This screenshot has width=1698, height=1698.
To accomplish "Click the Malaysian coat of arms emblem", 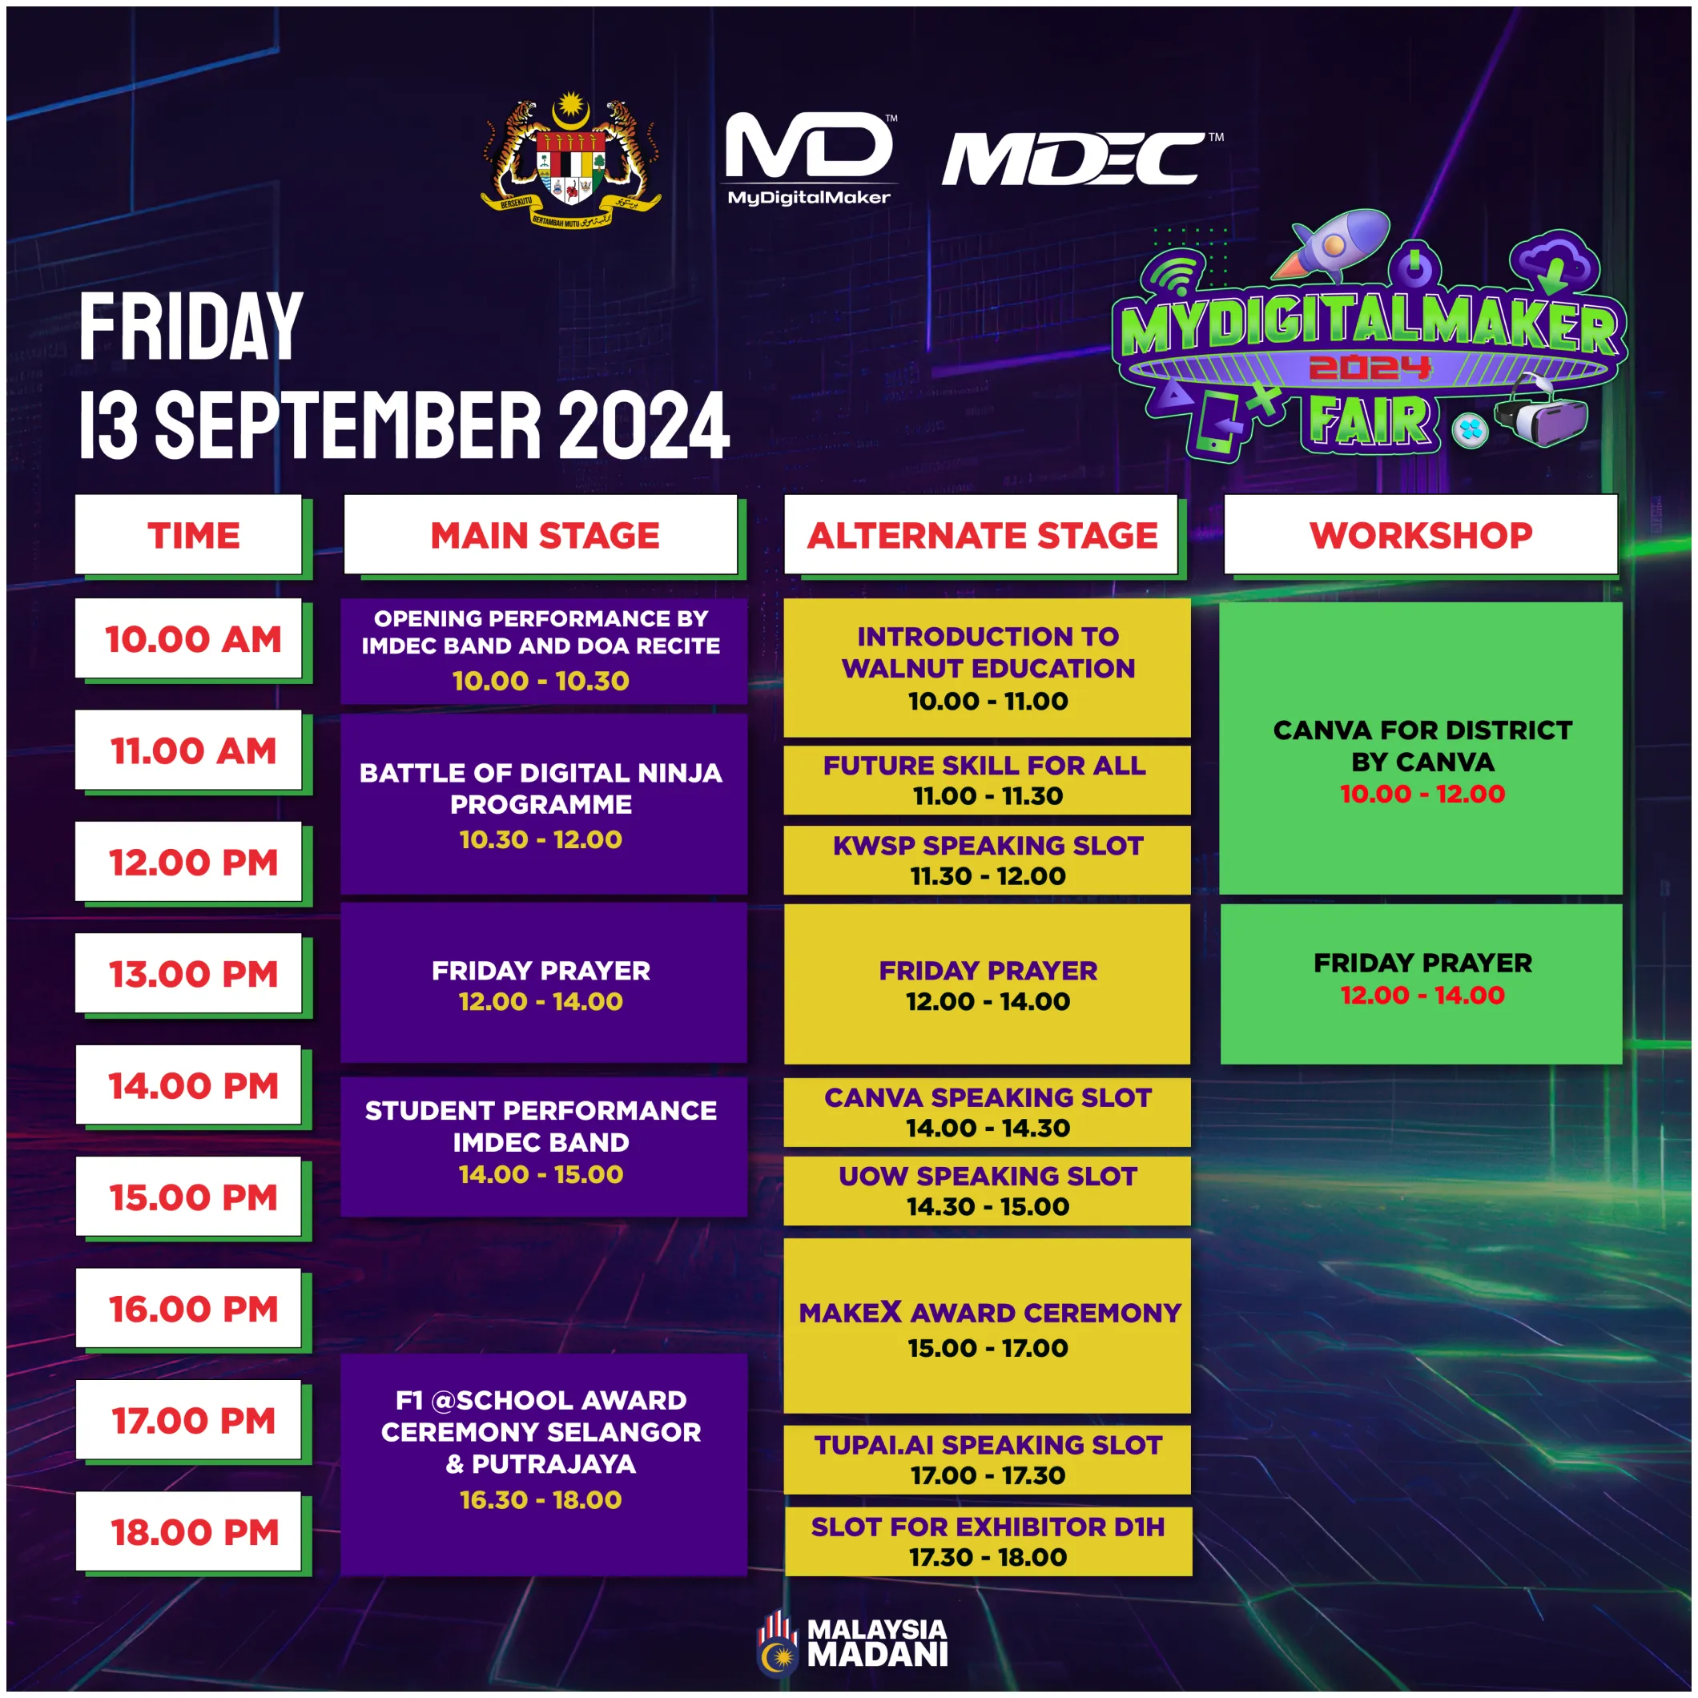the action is coord(571,160).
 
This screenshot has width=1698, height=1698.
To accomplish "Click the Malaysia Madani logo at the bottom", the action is coord(851,1642).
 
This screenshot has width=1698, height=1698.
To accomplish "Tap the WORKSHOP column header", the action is coord(1420,534).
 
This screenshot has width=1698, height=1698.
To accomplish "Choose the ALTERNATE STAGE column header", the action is coord(981,534).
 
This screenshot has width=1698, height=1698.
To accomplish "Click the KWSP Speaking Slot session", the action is coord(987,859).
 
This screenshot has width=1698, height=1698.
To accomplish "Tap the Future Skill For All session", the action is coord(987,780).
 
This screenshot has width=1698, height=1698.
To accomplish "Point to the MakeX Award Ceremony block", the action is coord(987,1326).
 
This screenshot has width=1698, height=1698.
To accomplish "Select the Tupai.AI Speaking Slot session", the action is coord(987,1460).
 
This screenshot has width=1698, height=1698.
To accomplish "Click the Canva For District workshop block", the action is coord(1420,748).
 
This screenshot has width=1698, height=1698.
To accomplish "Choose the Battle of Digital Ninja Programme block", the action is coord(544,804).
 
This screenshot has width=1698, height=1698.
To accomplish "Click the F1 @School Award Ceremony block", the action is coord(544,1465).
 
